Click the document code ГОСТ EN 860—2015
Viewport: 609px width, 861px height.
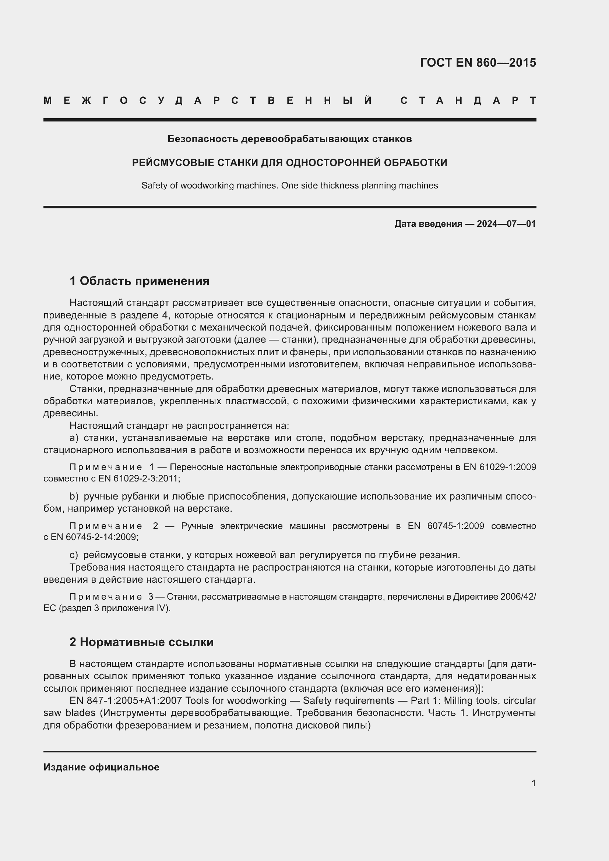tap(478, 62)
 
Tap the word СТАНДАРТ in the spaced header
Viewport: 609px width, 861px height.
tap(468, 100)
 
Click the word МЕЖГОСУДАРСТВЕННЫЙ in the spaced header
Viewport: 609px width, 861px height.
tap(208, 100)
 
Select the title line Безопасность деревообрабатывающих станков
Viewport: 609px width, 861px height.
tap(289, 139)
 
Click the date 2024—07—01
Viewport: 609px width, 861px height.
tap(506, 224)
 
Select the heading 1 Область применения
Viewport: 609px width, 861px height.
tap(140, 280)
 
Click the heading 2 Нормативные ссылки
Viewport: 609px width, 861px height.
tap(141, 642)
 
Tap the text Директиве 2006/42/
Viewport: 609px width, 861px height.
tap(494, 597)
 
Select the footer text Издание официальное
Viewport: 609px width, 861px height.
tap(101, 767)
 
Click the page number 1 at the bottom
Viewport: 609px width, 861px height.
tap(533, 783)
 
